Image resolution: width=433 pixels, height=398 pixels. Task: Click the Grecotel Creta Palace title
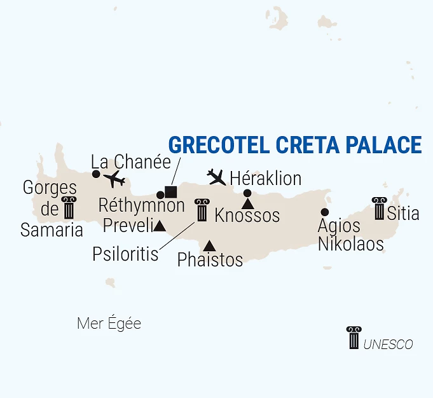click(295, 145)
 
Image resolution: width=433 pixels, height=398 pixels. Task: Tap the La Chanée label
click(131, 161)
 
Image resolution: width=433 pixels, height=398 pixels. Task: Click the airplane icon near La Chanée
click(115, 179)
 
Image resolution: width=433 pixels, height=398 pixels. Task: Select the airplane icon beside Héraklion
click(217, 176)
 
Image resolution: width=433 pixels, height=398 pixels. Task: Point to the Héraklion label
click(265, 178)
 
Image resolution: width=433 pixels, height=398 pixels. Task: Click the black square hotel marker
click(170, 191)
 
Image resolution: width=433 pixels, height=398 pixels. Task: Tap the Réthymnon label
click(142, 205)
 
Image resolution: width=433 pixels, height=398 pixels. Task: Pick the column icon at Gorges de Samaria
click(68, 208)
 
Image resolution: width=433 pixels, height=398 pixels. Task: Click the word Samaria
click(52, 230)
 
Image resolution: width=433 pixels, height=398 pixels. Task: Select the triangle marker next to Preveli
click(160, 226)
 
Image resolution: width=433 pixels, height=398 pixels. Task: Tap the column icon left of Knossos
click(202, 210)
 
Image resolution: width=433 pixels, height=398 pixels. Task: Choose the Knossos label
click(247, 216)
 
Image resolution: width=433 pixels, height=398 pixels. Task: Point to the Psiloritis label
click(125, 254)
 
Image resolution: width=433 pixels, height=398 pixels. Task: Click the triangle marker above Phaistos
click(209, 245)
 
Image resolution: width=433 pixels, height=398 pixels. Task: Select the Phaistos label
click(210, 259)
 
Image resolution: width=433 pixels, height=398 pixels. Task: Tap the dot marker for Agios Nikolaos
click(325, 212)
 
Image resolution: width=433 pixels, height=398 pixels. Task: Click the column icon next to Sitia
click(380, 209)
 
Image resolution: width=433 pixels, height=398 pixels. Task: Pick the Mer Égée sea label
click(109, 324)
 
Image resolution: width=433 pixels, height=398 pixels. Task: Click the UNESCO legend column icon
click(353, 337)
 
